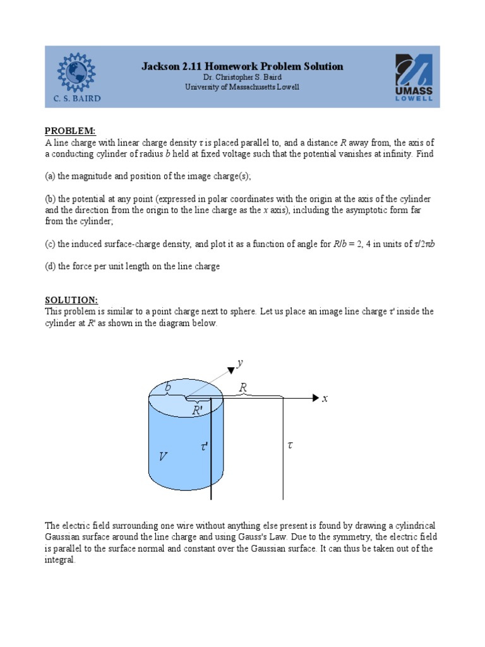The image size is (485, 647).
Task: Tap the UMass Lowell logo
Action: point(414,77)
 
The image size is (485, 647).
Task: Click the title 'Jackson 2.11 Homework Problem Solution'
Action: point(242,66)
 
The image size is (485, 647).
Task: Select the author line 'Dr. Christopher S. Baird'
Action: point(242,78)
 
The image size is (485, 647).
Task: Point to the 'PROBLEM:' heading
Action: point(69,131)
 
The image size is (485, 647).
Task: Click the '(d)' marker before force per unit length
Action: point(50,266)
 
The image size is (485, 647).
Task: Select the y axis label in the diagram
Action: point(240,363)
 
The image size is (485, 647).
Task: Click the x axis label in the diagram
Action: point(325,399)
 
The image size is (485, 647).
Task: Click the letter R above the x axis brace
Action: point(243,387)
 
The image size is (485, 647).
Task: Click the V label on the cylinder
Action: point(163,456)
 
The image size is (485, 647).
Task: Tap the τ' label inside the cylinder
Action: point(204,446)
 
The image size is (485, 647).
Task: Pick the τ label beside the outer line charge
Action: point(290,445)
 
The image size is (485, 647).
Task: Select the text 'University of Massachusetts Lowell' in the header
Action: point(242,87)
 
